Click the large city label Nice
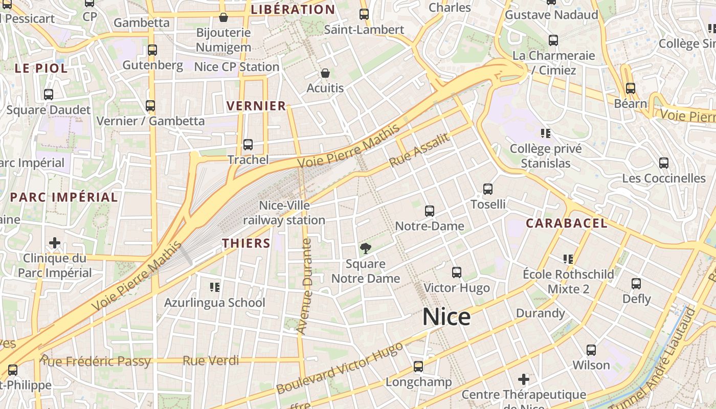pyautogui.click(x=446, y=317)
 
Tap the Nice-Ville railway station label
pyautogui.click(x=284, y=213)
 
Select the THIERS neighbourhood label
pyautogui.click(x=246, y=243)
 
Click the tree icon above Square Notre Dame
pyautogui.click(x=365, y=249)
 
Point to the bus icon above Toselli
pyautogui.click(x=488, y=189)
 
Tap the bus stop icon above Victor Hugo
pyautogui.click(x=457, y=272)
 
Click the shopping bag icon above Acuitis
pyautogui.click(x=325, y=74)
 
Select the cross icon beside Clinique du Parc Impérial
pyautogui.click(x=55, y=242)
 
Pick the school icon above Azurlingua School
pyautogui.click(x=215, y=287)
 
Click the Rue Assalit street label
pyautogui.click(x=419, y=150)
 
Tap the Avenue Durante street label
pyautogui.click(x=305, y=286)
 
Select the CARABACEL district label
pyautogui.click(x=567, y=223)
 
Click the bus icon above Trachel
pyautogui.click(x=248, y=145)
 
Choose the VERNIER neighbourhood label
pyautogui.click(x=256, y=106)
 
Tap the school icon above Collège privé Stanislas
pyautogui.click(x=546, y=133)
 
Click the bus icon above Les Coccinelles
pyautogui.click(x=664, y=163)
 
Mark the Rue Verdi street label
pyautogui.click(x=211, y=361)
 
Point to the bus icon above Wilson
pyautogui.click(x=591, y=350)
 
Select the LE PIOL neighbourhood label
pyautogui.click(x=41, y=69)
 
